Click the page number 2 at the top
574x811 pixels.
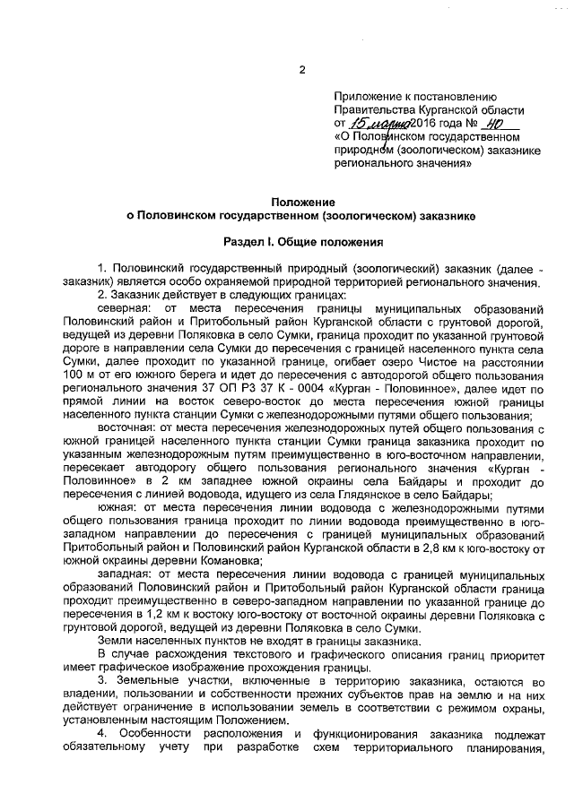click(x=302, y=70)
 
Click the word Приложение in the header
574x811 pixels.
click(x=366, y=96)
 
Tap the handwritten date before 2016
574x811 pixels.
click(x=378, y=124)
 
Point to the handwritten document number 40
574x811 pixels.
click(x=491, y=124)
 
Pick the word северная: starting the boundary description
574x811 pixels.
click(x=122, y=307)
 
